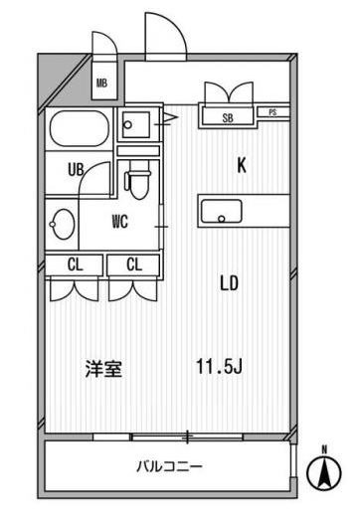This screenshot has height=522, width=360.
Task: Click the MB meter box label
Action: tap(101, 83)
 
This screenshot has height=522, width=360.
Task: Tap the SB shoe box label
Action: tap(228, 118)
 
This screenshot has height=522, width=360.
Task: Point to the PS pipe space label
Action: tap(272, 112)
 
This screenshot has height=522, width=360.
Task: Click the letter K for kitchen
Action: tap(242, 165)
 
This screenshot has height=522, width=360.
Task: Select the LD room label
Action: tap(230, 283)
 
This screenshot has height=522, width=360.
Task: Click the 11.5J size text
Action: tap(219, 367)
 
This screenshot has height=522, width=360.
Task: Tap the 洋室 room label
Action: tap(103, 369)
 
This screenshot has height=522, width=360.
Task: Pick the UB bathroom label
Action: tap(76, 170)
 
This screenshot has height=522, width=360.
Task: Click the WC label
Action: tap(120, 222)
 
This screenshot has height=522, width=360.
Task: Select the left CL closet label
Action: tap(75, 265)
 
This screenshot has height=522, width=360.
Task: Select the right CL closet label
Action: tap(134, 265)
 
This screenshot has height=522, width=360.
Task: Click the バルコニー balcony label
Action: tap(169, 466)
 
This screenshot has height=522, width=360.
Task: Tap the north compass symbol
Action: tap(324, 470)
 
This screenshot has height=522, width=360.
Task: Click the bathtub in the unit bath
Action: tap(80, 128)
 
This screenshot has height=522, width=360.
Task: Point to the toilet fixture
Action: tap(138, 180)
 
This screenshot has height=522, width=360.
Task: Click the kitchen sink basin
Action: tap(221, 211)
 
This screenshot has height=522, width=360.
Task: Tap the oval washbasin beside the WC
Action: tap(63, 224)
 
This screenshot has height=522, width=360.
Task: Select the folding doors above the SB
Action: tap(229, 93)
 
